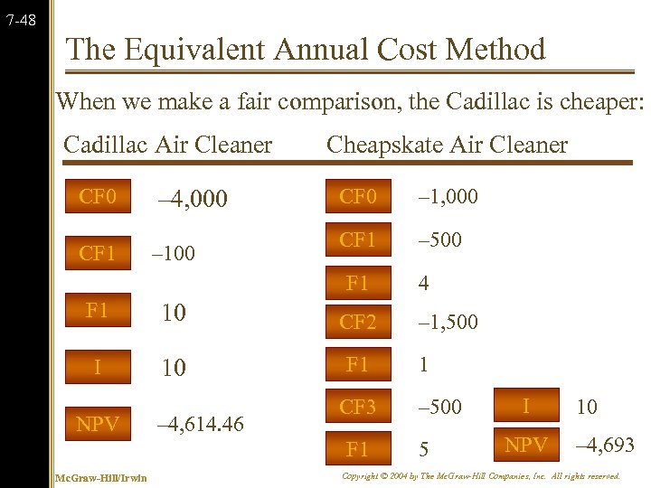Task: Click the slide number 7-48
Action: [20, 17]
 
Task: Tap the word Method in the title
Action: [492, 50]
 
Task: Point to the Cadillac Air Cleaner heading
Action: [167, 144]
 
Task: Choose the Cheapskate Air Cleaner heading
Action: [447, 144]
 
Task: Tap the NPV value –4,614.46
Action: [200, 424]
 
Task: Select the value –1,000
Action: [448, 196]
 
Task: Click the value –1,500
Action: [448, 322]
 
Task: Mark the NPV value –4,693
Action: [605, 445]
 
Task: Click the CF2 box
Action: [357, 322]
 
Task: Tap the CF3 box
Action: [357, 407]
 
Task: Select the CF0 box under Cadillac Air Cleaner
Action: [98, 196]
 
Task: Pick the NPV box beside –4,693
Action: [525, 444]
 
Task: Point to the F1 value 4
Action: [423, 283]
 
